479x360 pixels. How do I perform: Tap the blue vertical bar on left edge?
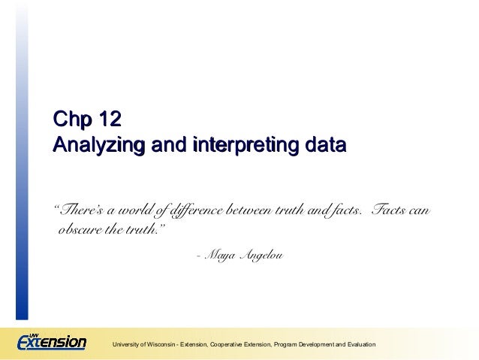tap(23, 165)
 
